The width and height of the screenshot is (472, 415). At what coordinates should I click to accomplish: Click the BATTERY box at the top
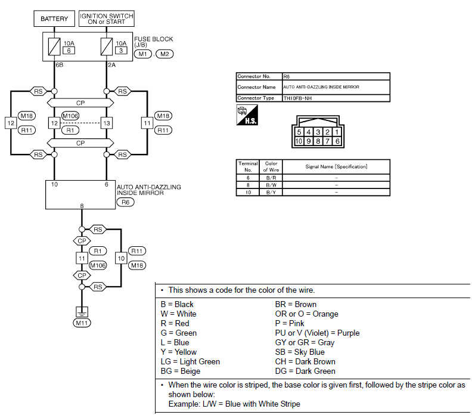click(x=54, y=18)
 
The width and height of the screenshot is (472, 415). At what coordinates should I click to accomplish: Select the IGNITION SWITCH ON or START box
click(x=106, y=18)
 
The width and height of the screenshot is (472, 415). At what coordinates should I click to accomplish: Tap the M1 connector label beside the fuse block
click(x=142, y=54)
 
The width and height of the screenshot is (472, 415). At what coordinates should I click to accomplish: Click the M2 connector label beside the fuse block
click(x=164, y=54)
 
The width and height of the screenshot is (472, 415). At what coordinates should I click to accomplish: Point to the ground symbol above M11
click(x=82, y=312)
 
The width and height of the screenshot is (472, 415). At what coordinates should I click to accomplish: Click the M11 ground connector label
click(x=82, y=323)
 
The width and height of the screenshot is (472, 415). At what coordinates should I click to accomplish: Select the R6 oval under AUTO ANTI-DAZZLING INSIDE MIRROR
click(x=125, y=202)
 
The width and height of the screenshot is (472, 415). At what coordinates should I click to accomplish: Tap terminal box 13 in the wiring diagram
click(x=107, y=123)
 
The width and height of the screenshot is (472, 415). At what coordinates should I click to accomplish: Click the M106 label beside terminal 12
click(x=70, y=116)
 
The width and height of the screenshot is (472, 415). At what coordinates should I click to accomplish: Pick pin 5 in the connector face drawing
click(x=299, y=132)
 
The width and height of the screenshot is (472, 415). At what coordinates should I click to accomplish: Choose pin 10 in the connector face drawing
click(x=299, y=141)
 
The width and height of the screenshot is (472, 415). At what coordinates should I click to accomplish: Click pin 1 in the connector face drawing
click(x=337, y=132)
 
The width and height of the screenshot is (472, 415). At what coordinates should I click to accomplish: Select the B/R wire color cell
click(x=271, y=178)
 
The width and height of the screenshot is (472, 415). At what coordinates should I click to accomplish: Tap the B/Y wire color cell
click(x=271, y=192)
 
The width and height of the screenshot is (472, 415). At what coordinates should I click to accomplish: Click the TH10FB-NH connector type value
click(x=297, y=98)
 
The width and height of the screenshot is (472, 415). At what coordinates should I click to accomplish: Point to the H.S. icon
click(x=247, y=114)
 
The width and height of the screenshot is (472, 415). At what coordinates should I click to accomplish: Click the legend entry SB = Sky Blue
click(x=300, y=352)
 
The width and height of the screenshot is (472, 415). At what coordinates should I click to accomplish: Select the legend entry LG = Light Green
click(x=190, y=362)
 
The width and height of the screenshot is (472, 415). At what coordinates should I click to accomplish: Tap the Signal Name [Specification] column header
click(x=336, y=166)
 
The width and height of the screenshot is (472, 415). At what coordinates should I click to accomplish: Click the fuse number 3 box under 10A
click(x=121, y=51)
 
